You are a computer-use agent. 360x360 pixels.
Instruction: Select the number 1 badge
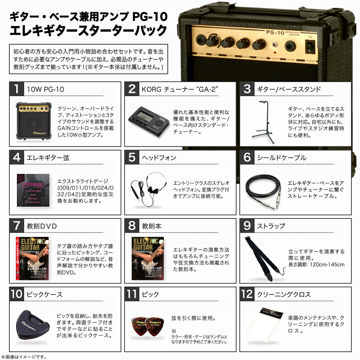16,89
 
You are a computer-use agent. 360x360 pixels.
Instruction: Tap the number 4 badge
16,157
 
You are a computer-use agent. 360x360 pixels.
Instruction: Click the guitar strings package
33,190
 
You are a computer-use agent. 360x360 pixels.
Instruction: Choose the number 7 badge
16,226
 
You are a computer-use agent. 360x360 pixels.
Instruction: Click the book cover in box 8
148,258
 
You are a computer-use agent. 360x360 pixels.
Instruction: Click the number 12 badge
247,294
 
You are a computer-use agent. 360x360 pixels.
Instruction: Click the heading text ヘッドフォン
159,158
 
